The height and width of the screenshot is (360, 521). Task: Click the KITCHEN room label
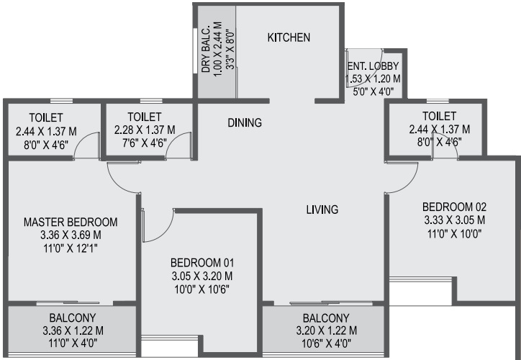coord(289,37)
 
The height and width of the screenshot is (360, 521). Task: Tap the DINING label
coord(245,122)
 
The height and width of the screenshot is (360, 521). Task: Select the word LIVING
coord(322,210)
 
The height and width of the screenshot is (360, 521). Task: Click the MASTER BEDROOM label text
coord(71,222)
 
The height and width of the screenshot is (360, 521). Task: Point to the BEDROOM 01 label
coord(202,263)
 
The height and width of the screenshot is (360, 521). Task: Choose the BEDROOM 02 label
coord(454,207)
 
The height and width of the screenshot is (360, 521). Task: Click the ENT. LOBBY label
coord(373,66)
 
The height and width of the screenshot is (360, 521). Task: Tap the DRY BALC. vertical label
coord(206,48)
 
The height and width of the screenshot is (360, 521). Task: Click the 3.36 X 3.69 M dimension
coord(71,235)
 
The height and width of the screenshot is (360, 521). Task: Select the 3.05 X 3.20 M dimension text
coord(202,276)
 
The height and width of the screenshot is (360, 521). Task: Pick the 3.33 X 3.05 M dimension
coord(454,220)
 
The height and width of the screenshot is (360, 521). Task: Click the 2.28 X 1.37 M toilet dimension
coord(145,130)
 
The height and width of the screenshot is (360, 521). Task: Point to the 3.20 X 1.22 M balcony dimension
coord(326,330)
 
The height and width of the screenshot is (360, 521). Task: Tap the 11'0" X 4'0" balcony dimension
coord(73,343)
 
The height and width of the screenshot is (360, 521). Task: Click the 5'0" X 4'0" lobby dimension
coord(373,91)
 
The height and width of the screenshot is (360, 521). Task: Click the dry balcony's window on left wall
coord(195,50)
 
